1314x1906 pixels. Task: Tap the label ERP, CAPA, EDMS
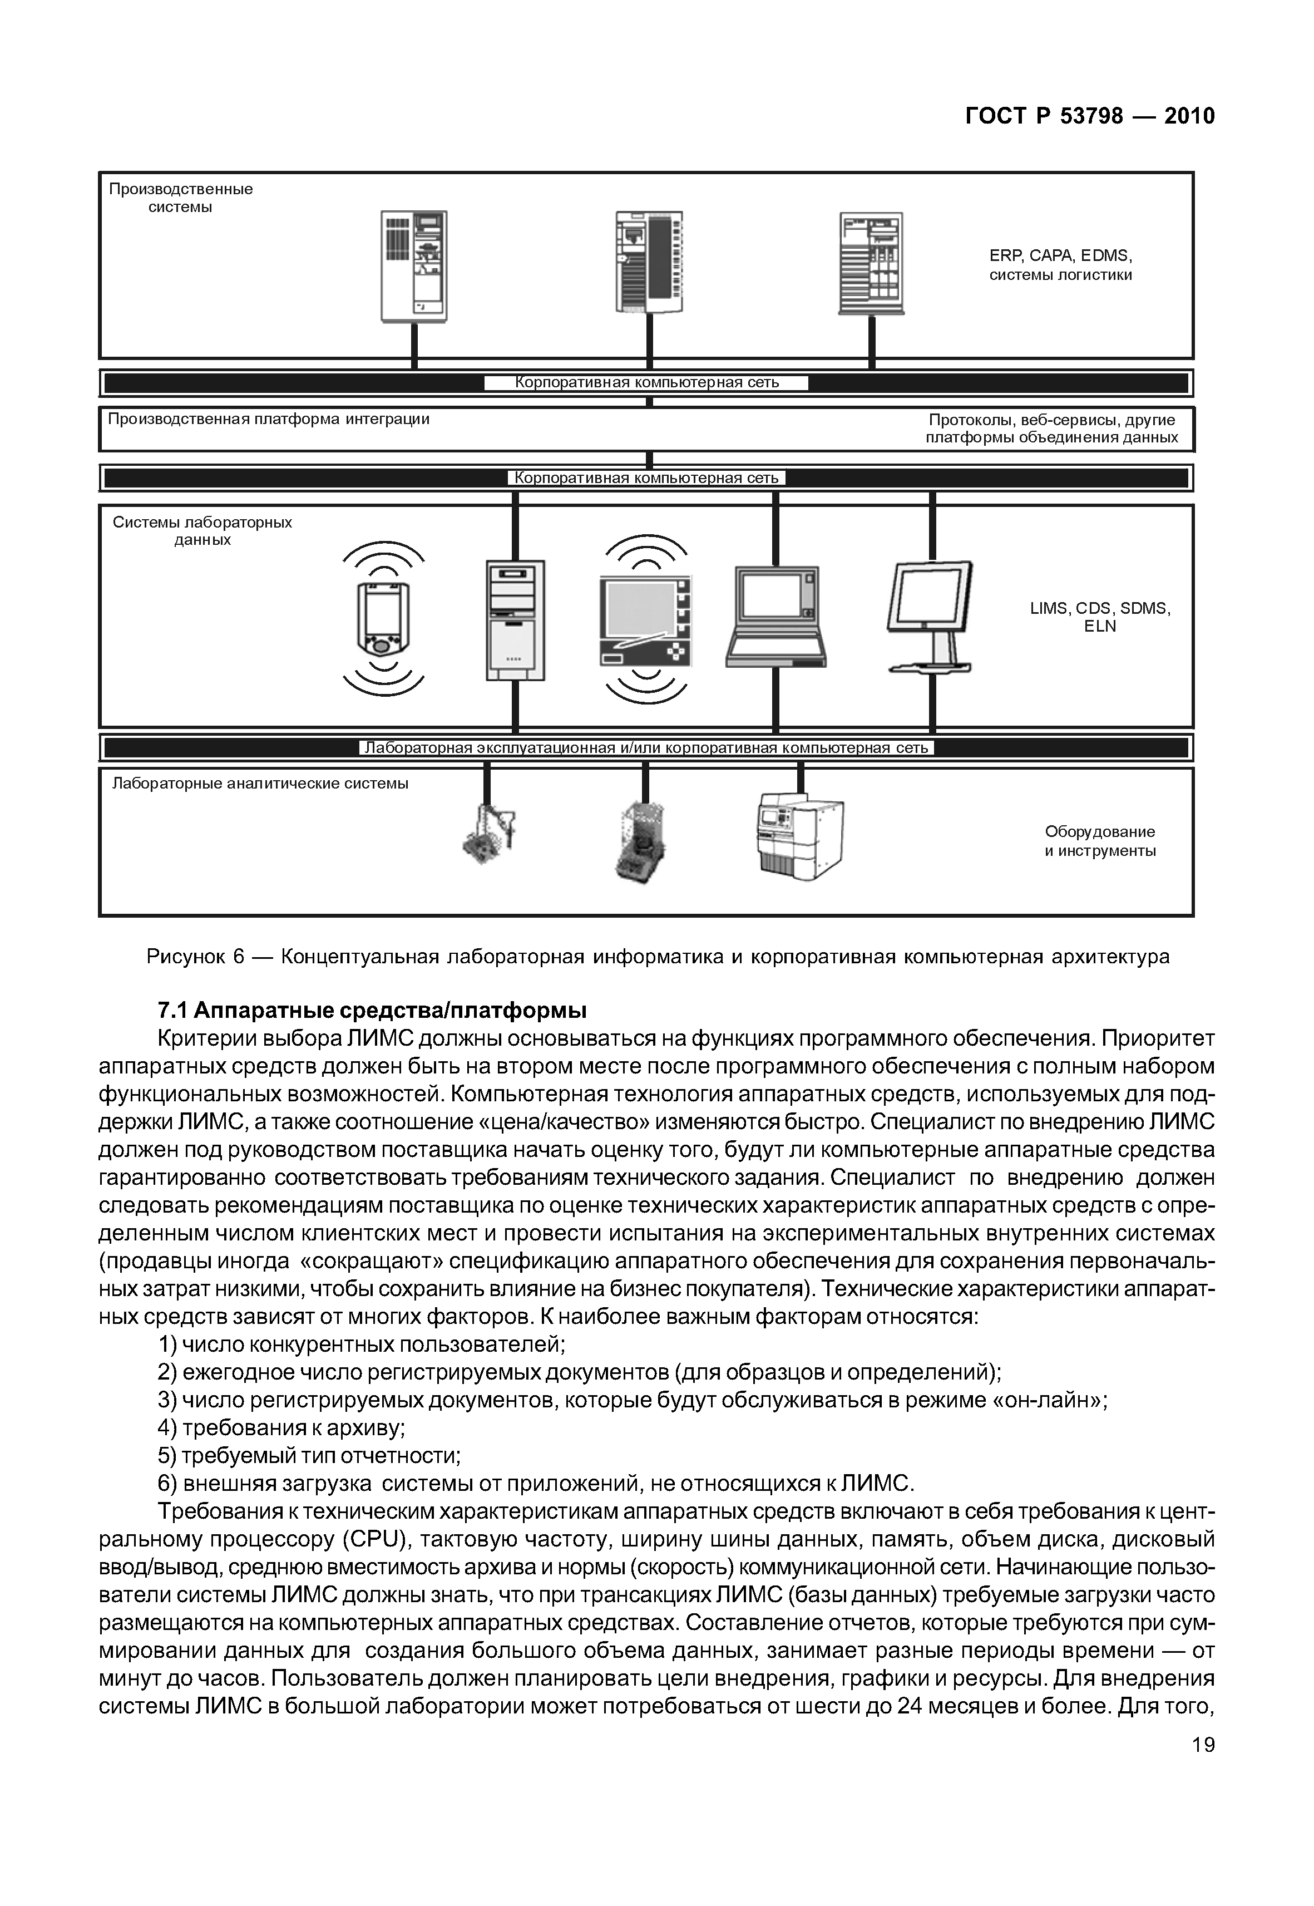[1060, 255]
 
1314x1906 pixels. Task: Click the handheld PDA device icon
[383, 619]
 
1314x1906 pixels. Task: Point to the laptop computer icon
[775, 616]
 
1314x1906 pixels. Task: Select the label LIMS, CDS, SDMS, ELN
[1100, 617]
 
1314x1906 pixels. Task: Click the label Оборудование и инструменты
[1100, 841]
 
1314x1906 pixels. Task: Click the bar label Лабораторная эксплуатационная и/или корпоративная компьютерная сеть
[646, 748]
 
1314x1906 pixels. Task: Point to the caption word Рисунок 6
[195, 956]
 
